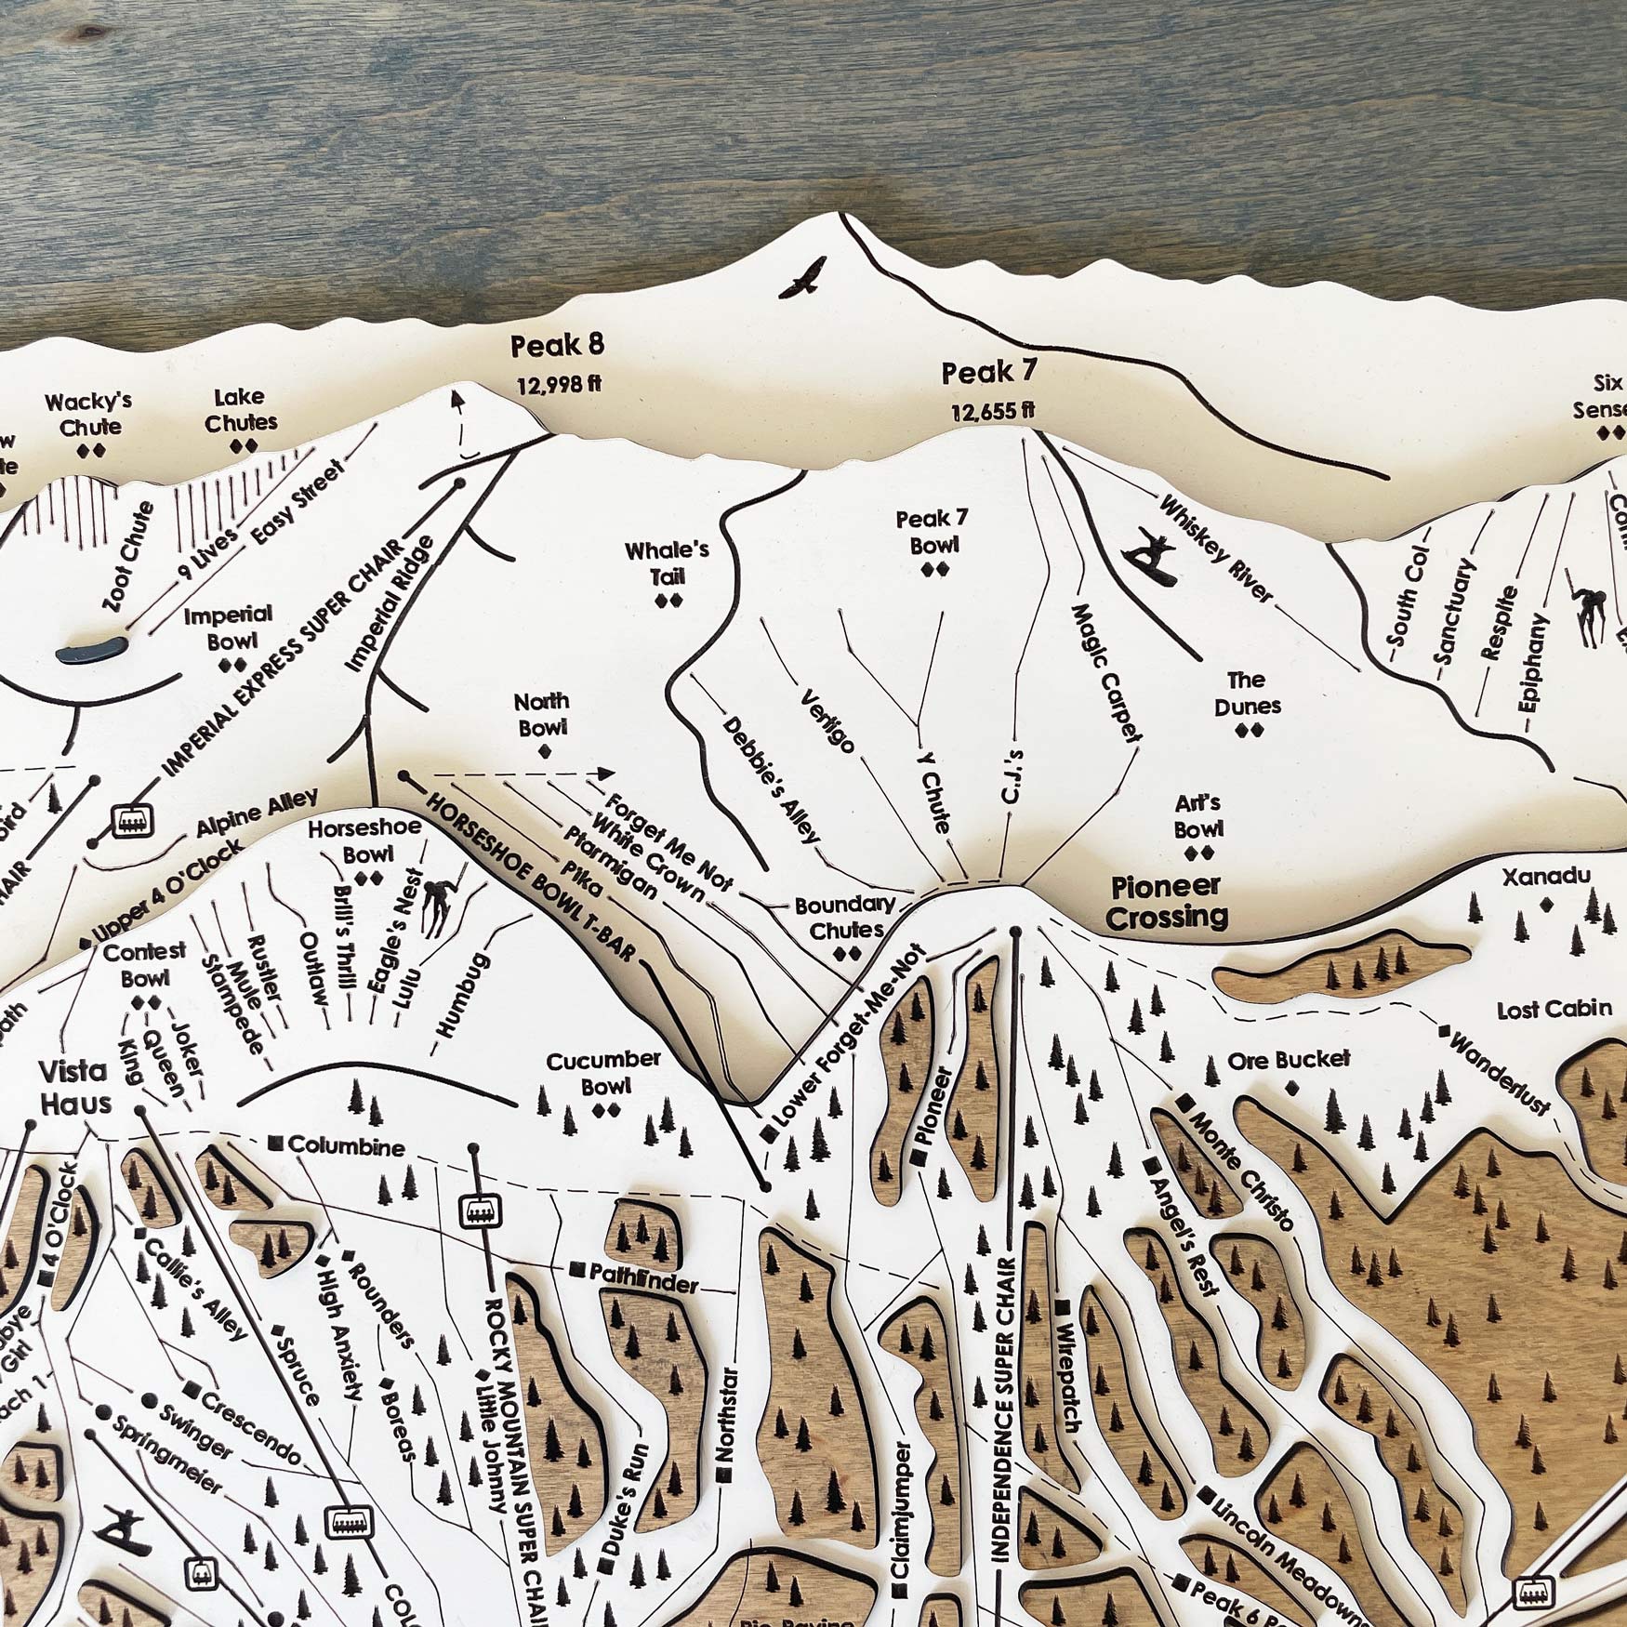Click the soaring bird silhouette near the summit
coord(802,279)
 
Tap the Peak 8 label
coord(557,346)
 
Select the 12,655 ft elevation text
coord(993,411)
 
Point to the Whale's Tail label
coord(667,563)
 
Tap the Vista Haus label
coord(75,1087)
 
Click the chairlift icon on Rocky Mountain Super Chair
coord(480,1211)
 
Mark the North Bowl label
coord(542,714)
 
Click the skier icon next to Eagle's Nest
coord(434,907)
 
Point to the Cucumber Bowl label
coord(603,1073)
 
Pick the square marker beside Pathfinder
coord(577,1269)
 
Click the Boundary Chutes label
coord(845,917)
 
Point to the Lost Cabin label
coord(1554,1009)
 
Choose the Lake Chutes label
coord(241,410)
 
